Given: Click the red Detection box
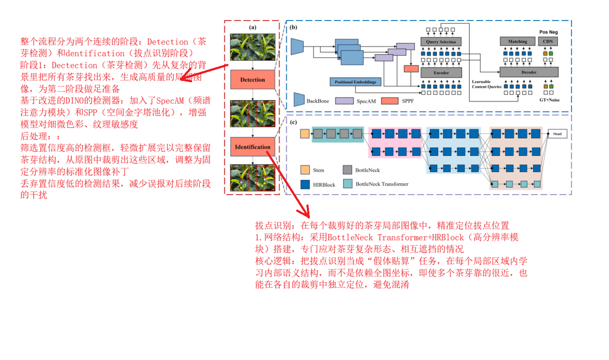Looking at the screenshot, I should [252, 80].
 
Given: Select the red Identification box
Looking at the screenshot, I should [252, 147].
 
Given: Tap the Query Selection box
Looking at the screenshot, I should [441, 42].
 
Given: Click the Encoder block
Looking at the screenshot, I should [441, 73].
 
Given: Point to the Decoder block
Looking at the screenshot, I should [528, 72].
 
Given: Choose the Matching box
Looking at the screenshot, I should [517, 41].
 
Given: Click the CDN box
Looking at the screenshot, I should [548, 41].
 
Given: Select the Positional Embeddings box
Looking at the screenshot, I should [355, 82].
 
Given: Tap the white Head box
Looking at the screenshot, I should [557, 134].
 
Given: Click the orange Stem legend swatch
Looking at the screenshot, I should [305, 170].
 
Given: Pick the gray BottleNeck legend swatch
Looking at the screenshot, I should [347, 170].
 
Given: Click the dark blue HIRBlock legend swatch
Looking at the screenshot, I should [305, 184].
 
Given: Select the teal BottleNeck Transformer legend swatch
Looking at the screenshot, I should [348, 184].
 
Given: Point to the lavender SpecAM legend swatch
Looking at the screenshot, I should [344, 101].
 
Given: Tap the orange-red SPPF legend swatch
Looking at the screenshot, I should [390, 101].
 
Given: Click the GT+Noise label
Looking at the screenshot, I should [549, 100].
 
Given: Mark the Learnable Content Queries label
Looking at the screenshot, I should [486, 84].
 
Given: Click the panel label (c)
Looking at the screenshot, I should [293, 122].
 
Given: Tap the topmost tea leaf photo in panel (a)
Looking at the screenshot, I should [252, 47].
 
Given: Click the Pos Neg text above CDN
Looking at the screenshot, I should [548, 32].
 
